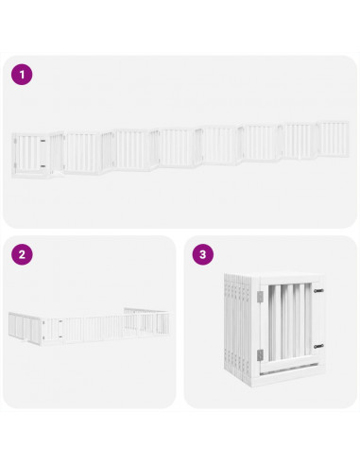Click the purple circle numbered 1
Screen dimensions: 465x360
point(21,73)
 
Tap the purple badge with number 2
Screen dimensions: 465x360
point(21,254)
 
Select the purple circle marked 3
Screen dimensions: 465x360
point(202,254)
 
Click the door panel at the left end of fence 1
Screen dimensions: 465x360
point(34,154)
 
